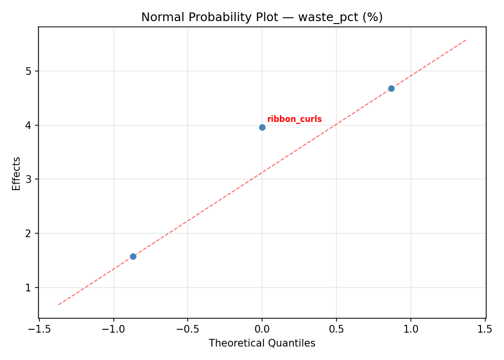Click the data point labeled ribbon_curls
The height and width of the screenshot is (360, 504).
tap(262, 127)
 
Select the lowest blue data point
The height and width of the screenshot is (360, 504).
tap(133, 256)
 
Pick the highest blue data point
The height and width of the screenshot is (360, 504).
tap(391, 88)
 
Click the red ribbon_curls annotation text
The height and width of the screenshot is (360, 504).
tap(294, 120)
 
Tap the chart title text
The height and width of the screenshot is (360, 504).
tap(262, 17)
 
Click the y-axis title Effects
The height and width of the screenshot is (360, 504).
tap(17, 173)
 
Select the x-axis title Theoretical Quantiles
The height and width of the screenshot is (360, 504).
tap(262, 343)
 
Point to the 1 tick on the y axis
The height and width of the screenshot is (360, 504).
tap(29, 288)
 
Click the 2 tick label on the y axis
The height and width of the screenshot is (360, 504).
tap(29, 233)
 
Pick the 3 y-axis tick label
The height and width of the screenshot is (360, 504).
tap(29, 180)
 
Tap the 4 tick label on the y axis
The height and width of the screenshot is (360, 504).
tap(29, 125)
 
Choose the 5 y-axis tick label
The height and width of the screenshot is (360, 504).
tap(29, 71)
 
